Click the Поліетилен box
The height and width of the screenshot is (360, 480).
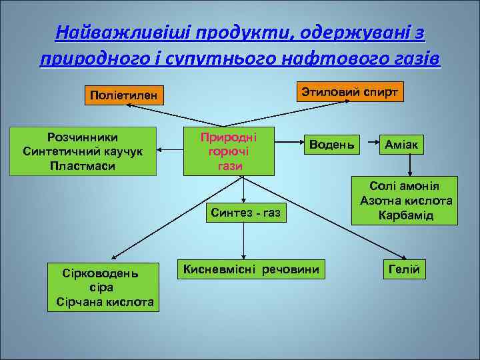124,96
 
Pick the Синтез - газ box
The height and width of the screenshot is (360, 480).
245,213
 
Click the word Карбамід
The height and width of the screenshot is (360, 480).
406,215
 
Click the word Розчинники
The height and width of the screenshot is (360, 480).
83,137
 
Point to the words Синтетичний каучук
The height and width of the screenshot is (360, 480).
83,151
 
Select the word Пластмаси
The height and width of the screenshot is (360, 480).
83,165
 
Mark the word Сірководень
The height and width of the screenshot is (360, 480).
101,273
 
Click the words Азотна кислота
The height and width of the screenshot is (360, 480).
406,201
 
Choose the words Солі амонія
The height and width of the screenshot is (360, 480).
406,186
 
